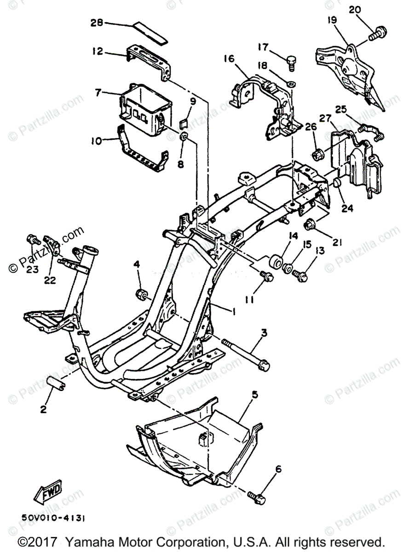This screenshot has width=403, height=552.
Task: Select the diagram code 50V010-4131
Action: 53,517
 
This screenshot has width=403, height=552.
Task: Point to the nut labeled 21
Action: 311,225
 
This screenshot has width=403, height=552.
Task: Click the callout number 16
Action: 229,58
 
